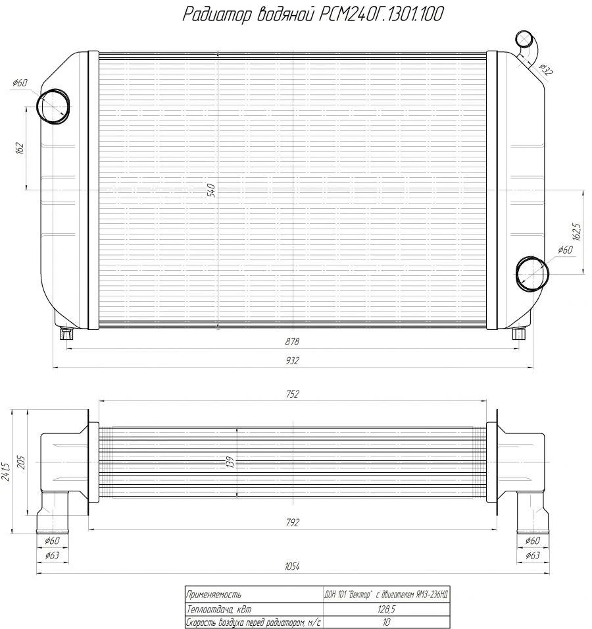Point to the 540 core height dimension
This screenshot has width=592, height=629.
(211, 190)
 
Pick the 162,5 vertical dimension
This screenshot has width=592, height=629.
(576, 232)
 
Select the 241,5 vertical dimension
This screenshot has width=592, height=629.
(7, 470)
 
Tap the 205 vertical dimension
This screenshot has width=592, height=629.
(21, 462)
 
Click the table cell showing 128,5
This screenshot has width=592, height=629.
(387, 609)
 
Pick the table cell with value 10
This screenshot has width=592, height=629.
(387, 621)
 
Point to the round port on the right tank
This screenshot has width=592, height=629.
(531, 272)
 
